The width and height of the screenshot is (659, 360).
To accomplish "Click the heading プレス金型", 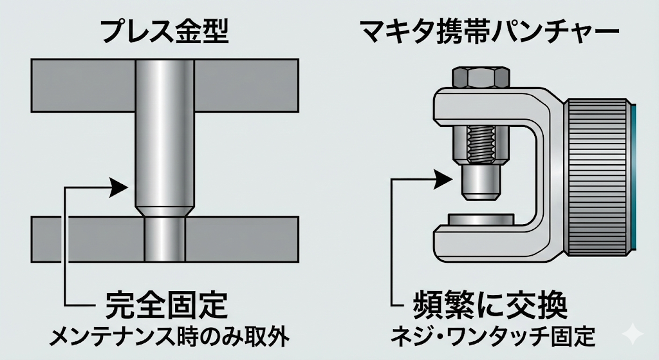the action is [x=165, y=32].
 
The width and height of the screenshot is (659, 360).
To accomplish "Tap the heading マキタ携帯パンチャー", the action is [x=489, y=31].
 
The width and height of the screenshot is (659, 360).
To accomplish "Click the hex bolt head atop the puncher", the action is [x=482, y=77].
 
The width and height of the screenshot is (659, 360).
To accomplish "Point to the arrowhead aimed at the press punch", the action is [x=119, y=187].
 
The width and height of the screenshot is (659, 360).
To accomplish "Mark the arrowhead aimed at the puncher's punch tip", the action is [x=444, y=180].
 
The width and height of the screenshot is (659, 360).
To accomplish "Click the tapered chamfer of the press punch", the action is [x=164, y=211].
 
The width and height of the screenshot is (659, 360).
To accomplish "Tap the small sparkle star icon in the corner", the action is [x=634, y=334].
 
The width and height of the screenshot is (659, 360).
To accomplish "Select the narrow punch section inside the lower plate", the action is [x=164, y=239].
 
